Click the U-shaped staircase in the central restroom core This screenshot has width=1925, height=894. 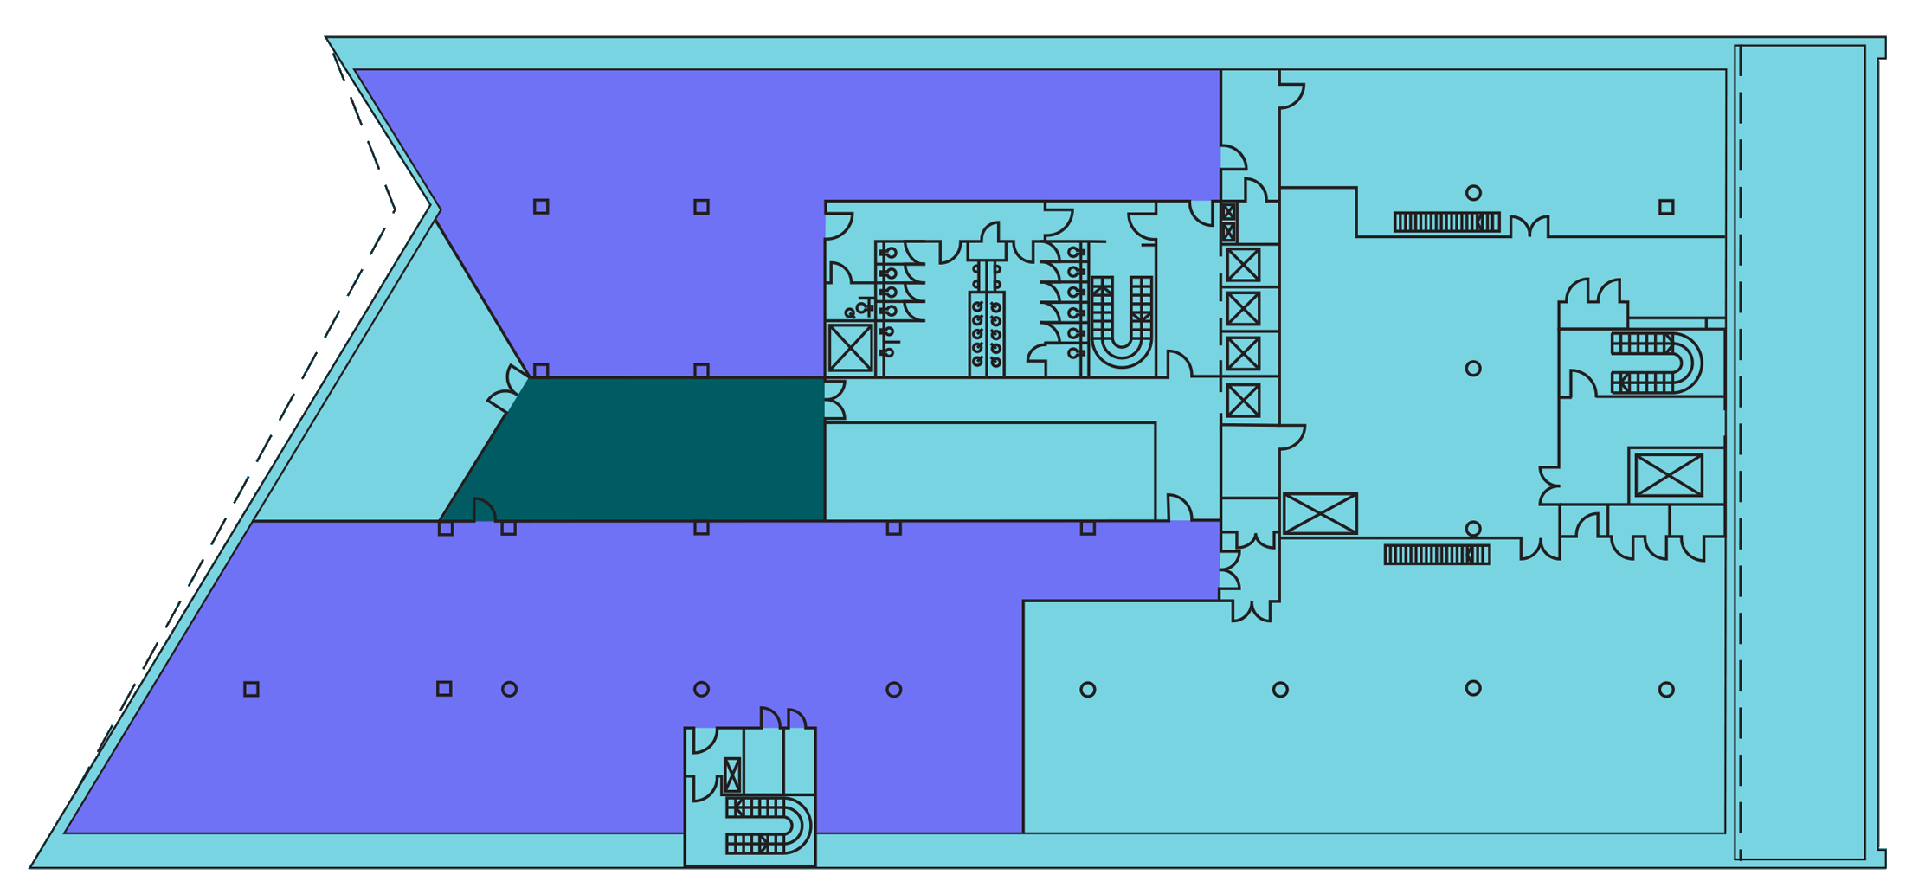pos(1122,320)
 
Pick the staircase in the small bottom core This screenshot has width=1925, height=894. pos(767,826)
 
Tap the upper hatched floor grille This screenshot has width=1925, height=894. pos(1446,222)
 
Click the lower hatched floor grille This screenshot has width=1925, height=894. pos(1437,555)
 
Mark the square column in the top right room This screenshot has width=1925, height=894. pos(1666,207)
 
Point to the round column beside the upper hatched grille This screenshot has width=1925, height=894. pos(1473,192)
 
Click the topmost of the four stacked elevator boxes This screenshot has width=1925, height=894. pos(1244,265)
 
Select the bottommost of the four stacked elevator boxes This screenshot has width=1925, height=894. pos(1244,401)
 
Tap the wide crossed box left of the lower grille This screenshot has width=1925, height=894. pos(1320,514)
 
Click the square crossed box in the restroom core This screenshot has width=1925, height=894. pos(851,348)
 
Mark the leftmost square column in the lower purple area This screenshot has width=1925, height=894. pos(251,689)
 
